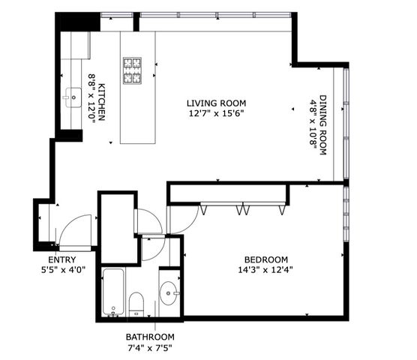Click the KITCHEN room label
click(105, 104)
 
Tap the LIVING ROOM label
click(217, 103)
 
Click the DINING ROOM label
click(324, 125)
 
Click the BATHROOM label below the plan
click(150, 337)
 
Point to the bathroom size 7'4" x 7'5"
click(150, 348)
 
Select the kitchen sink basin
click(74, 96)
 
